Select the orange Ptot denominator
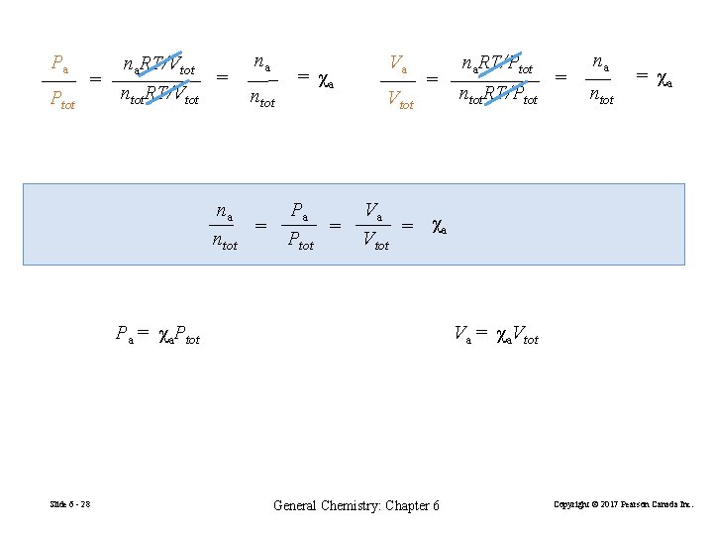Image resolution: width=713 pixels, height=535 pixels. pyautogui.click(x=61, y=101)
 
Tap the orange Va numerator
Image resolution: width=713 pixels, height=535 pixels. pyautogui.click(x=399, y=64)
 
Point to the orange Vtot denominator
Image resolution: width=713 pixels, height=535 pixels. pyautogui.click(x=400, y=100)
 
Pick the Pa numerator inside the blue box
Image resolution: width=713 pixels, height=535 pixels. pyautogui.click(x=299, y=210)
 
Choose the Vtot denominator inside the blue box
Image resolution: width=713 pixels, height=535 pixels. pyautogui.click(x=375, y=241)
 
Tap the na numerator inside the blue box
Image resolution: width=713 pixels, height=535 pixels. pyautogui.click(x=225, y=210)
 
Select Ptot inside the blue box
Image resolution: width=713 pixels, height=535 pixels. pyautogui.click(x=300, y=241)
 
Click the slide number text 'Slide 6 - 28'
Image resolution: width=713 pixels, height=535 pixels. pyautogui.click(x=70, y=505)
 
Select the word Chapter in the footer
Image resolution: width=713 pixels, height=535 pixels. pyautogui.click(x=410, y=505)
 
